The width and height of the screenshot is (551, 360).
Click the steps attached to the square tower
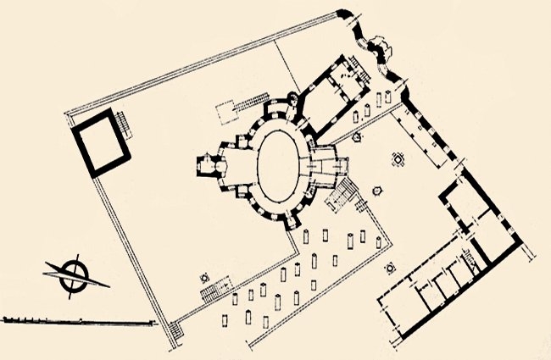pyautogui.click(x=127, y=125)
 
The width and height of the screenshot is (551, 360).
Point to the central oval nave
pyautogui.click(x=280, y=162)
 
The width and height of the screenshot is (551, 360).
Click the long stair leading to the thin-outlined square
pyautogui.click(x=247, y=103)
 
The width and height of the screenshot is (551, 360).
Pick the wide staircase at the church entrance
pyautogui.click(x=342, y=196)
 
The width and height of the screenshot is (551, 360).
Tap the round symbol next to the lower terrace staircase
pyautogui.click(x=203, y=276)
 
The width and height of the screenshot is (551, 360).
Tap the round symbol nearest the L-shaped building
pyautogui.click(x=390, y=268)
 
